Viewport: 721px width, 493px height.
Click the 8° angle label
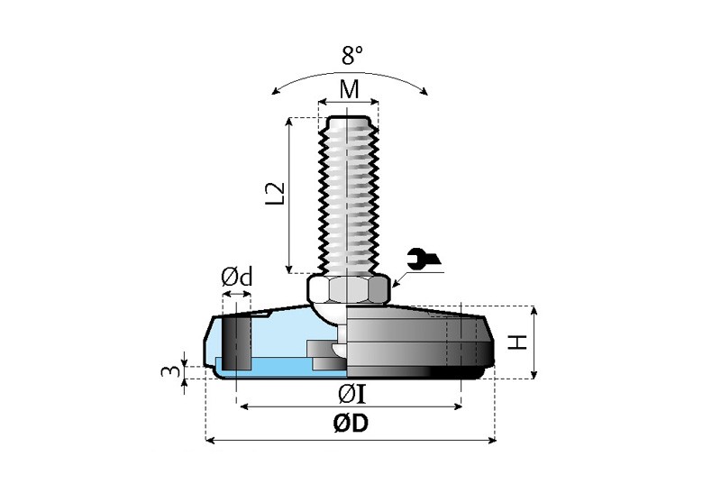click(x=351, y=55)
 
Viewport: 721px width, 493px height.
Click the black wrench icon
click(x=422, y=260)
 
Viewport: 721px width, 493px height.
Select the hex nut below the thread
click(x=349, y=288)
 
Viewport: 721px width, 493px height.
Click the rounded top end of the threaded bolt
click(x=349, y=119)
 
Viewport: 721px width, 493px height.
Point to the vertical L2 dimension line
click(x=289, y=194)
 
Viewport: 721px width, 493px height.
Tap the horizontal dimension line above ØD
click(x=351, y=441)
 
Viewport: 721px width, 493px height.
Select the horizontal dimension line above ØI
click(x=351, y=407)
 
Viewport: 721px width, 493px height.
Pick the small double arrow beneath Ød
click(x=237, y=294)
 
